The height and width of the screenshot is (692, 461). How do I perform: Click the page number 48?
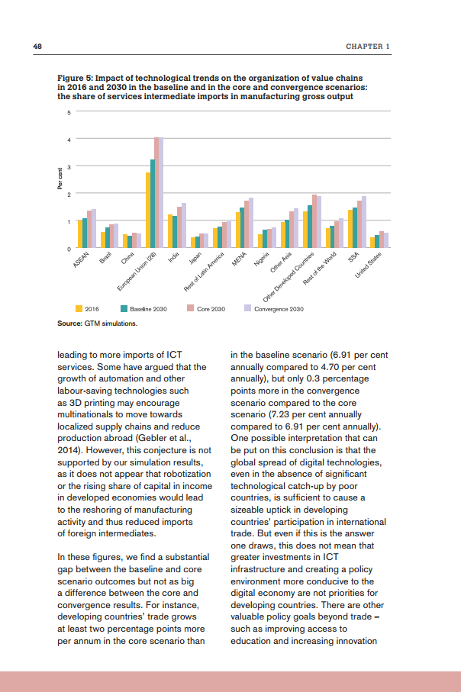37,47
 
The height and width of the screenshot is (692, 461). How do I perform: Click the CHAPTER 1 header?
368,47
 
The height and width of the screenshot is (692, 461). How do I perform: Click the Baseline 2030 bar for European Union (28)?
153,203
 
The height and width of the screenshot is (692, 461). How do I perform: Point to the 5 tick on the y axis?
69,113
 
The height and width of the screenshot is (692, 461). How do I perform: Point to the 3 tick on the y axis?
69,167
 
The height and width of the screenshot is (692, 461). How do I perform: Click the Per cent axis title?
60,181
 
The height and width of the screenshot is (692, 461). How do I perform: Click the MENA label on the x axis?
237,262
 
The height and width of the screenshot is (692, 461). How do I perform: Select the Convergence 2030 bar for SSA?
365,222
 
